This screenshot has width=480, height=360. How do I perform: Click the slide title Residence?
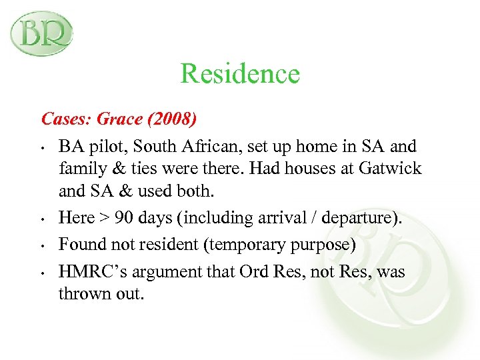[240, 73]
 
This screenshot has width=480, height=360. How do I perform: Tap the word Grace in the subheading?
[119, 119]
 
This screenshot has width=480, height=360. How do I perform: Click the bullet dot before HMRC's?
[41, 273]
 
